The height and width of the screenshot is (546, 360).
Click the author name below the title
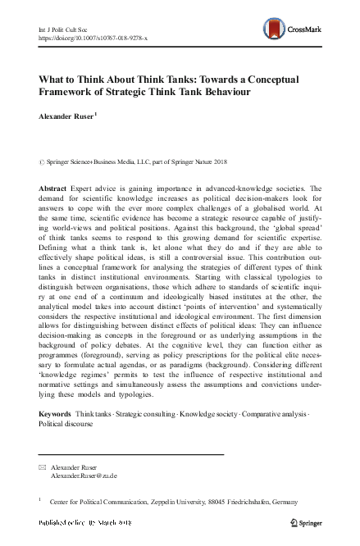coord(66,116)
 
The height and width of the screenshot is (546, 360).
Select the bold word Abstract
coord(53,189)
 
